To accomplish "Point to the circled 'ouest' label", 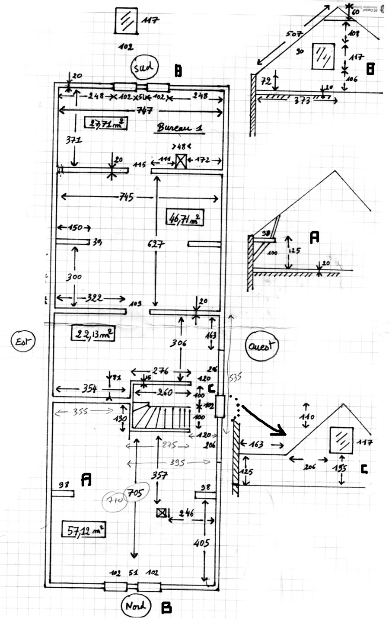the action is click(x=261, y=346).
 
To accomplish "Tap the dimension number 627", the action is click(x=156, y=244).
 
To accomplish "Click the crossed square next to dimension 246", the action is click(x=162, y=513).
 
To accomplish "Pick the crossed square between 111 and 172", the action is click(x=180, y=162).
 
